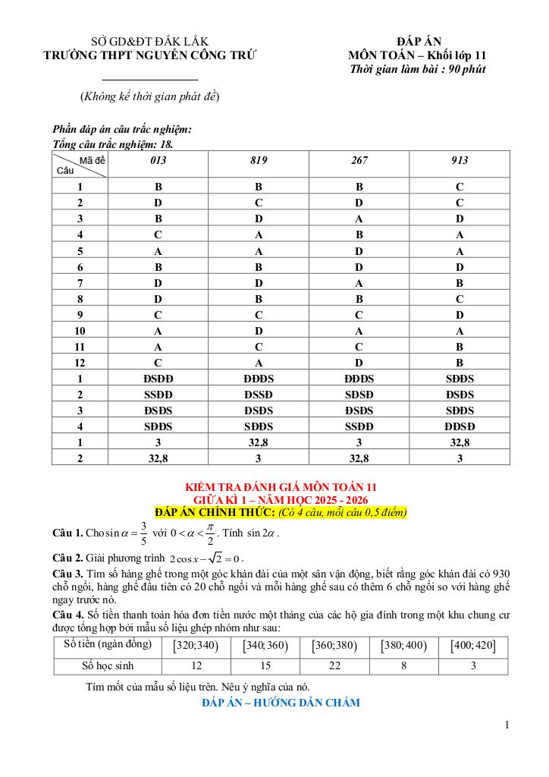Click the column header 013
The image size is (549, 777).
158,160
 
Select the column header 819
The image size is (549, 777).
259,160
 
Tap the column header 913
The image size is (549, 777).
460,160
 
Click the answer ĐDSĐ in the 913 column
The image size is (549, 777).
460,426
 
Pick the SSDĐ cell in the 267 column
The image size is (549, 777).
359,426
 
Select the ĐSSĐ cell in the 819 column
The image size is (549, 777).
259,395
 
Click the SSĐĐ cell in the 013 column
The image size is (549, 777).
158,395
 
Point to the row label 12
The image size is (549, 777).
80,363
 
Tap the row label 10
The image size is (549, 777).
80,331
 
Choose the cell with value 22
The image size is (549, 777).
334,666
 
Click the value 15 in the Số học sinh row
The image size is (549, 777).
265,666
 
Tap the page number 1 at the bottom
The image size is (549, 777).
507,725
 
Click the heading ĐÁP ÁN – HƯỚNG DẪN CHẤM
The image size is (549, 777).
281,703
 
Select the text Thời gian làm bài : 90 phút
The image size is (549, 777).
418,69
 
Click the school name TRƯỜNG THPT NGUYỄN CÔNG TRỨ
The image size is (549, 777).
150,55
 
